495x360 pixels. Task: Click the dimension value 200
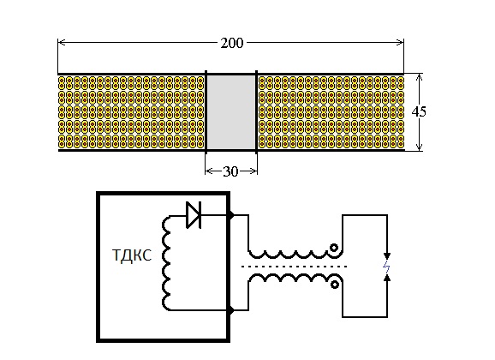coord(232,43)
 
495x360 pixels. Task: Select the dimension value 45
coord(419,111)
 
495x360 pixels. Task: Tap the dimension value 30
coord(230,171)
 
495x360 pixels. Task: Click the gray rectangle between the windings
coord(231,112)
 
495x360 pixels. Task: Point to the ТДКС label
coord(132,255)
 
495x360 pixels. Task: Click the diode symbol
coord(194,215)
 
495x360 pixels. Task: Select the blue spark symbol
coord(386,267)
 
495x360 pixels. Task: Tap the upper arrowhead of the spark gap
coord(387,256)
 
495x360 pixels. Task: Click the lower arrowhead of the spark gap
coord(387,278)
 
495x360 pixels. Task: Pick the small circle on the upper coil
coord(334,248)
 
